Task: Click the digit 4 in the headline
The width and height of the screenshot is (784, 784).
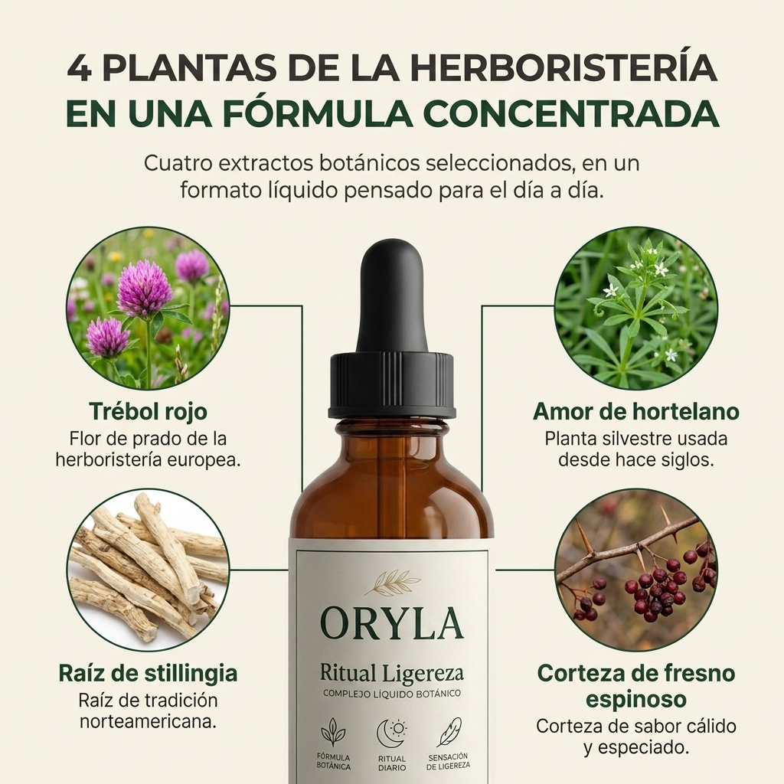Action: (80, 67)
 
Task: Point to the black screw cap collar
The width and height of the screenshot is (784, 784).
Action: (391, 386)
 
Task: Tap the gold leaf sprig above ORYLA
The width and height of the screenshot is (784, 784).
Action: (392, 583)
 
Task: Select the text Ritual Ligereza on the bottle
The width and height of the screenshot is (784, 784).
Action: (391, 674)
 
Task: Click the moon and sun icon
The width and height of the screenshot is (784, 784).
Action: (391, 733)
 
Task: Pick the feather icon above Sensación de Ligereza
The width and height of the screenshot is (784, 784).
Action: (449, 732)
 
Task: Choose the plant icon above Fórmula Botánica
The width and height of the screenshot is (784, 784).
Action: (333, 733)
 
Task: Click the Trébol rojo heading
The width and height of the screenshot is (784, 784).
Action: (148, 412)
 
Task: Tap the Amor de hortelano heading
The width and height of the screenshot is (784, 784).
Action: (636, 412)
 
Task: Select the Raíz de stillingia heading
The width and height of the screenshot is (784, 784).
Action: (148, 674)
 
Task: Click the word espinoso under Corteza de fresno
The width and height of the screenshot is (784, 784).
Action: (636, 698)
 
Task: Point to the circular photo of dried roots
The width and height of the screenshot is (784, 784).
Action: (148, 570)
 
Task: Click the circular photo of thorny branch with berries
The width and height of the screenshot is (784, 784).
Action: (636, 570)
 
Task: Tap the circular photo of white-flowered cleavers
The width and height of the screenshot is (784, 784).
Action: (636, 308)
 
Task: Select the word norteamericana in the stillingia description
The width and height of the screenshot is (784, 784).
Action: (148, 722)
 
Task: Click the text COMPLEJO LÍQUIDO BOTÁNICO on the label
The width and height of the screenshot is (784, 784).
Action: (391, 694)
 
